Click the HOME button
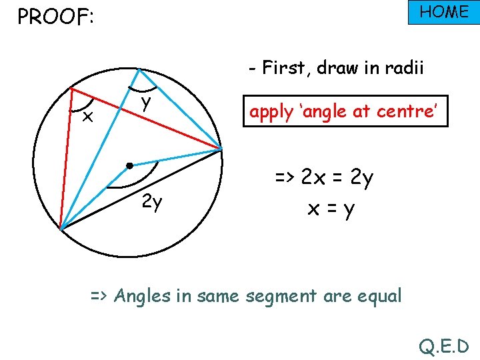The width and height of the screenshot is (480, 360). pyautogui.click(x=443, y=13)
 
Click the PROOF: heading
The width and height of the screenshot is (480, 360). pyautogui.click(x=55, y=17)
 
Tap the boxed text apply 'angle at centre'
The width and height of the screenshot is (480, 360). pyautogui.click(x=343, y=111)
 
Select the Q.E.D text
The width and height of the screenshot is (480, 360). pyautogui.click(x=444, y=346)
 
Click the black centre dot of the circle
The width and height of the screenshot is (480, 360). pyautogui.click(x=129, y=164)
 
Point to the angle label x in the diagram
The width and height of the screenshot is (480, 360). pyautogui.click(x=86, y=118)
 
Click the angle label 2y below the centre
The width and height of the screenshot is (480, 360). pyautogui.click(x=153, y=202)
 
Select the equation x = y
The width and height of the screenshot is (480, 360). pyautogui.click(x=331, y=209)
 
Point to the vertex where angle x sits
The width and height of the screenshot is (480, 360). pyautogui.click(x=71, y=88)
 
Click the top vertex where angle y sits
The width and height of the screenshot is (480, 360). pyautogui.click(x=137, y=69)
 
